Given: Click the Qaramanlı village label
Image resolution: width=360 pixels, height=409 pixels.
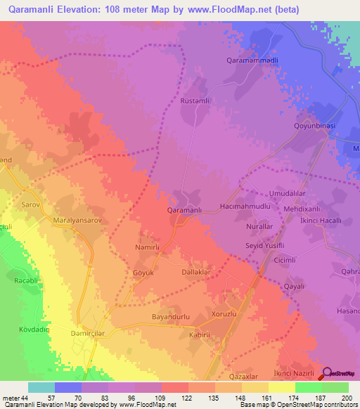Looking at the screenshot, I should point(185,210).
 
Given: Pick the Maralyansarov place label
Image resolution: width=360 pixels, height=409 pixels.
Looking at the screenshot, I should point(82,220).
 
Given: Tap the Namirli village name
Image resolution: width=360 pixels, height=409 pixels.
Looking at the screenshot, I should point(148,248).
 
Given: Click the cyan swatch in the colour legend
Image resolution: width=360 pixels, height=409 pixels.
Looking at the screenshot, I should point(41,387).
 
